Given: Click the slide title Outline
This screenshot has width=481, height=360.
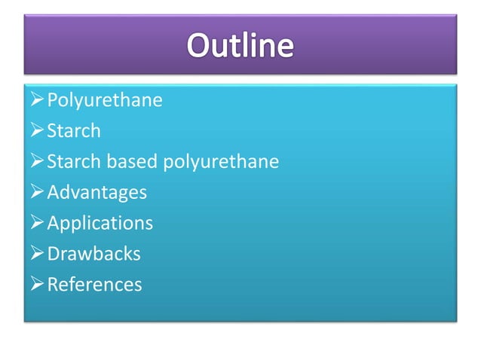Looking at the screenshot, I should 240,45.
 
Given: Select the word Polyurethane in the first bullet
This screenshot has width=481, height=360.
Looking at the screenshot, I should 104,100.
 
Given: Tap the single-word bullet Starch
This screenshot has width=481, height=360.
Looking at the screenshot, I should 73,131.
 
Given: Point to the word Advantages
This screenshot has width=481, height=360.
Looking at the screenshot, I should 97,193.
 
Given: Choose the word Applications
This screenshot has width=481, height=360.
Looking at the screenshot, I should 100,224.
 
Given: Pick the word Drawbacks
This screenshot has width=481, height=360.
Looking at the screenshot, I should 93,254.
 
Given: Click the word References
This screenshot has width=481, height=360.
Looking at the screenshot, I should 94,285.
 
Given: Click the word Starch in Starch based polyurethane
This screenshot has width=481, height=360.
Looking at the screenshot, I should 73,162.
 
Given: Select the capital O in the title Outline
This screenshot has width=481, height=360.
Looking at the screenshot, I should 199,45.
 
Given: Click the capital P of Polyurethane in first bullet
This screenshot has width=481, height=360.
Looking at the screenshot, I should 52,100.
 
